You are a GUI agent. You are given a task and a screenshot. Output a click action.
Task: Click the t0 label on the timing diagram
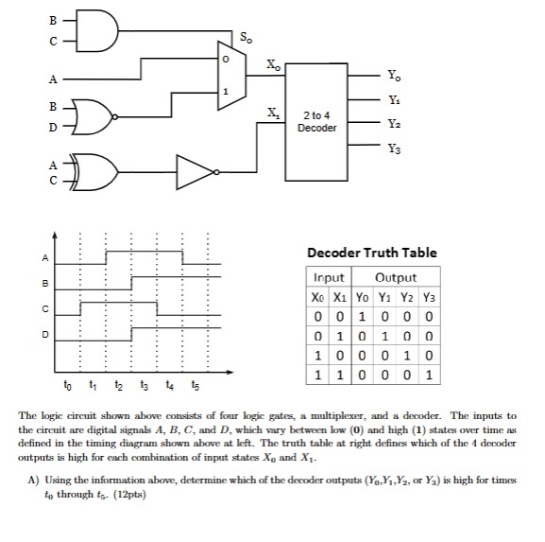66,385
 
